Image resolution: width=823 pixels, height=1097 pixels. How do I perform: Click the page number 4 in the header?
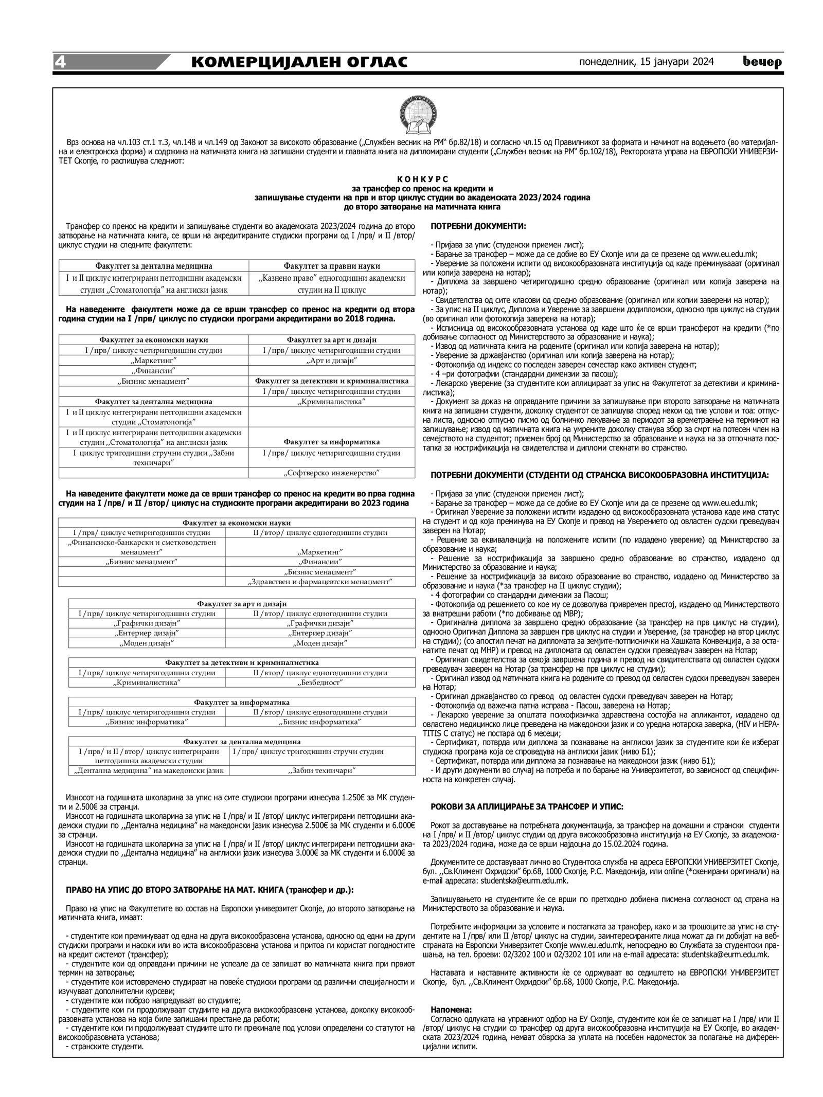pos(61,62)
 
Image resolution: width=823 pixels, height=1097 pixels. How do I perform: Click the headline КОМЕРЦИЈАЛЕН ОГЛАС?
pos(299,62)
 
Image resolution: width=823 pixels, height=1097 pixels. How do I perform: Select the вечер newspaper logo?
pos(762,62)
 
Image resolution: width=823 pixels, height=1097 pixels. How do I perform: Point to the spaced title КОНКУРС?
pos(422,179)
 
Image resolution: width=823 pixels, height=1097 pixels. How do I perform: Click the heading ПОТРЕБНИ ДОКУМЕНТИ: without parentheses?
pos(478,226)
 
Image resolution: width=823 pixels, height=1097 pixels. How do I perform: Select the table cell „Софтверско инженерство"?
pos(332,472)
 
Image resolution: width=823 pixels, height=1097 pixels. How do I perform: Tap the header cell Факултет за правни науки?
pos(332,266)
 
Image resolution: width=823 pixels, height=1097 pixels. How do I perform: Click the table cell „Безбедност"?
pos(320,682)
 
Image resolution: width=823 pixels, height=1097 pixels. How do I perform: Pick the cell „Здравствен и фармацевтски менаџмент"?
pos(320,582)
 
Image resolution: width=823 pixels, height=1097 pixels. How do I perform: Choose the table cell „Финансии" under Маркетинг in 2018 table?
pos(154,371)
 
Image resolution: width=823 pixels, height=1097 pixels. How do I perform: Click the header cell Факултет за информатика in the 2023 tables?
pos(242,702)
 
